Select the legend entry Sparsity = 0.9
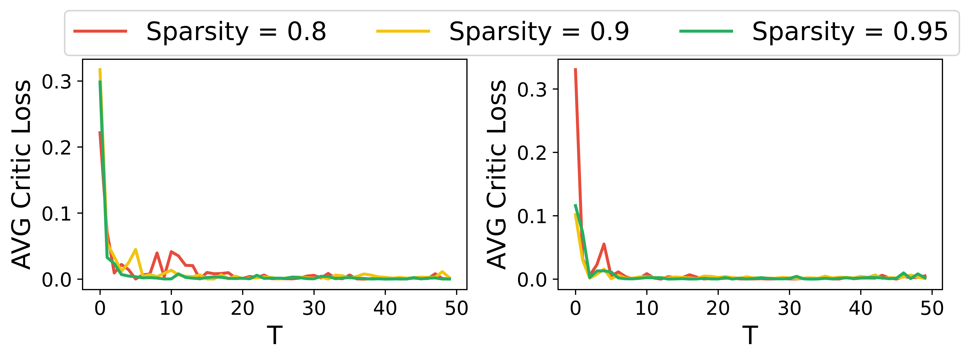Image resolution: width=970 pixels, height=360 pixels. [539, 32]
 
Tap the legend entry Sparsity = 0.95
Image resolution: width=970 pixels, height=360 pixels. [850, 32]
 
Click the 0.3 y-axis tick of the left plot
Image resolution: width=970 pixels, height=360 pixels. [57, 82]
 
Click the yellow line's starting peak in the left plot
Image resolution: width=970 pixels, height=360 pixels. [100, 70]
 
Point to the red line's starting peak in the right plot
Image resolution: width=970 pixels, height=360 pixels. [575, 70]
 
